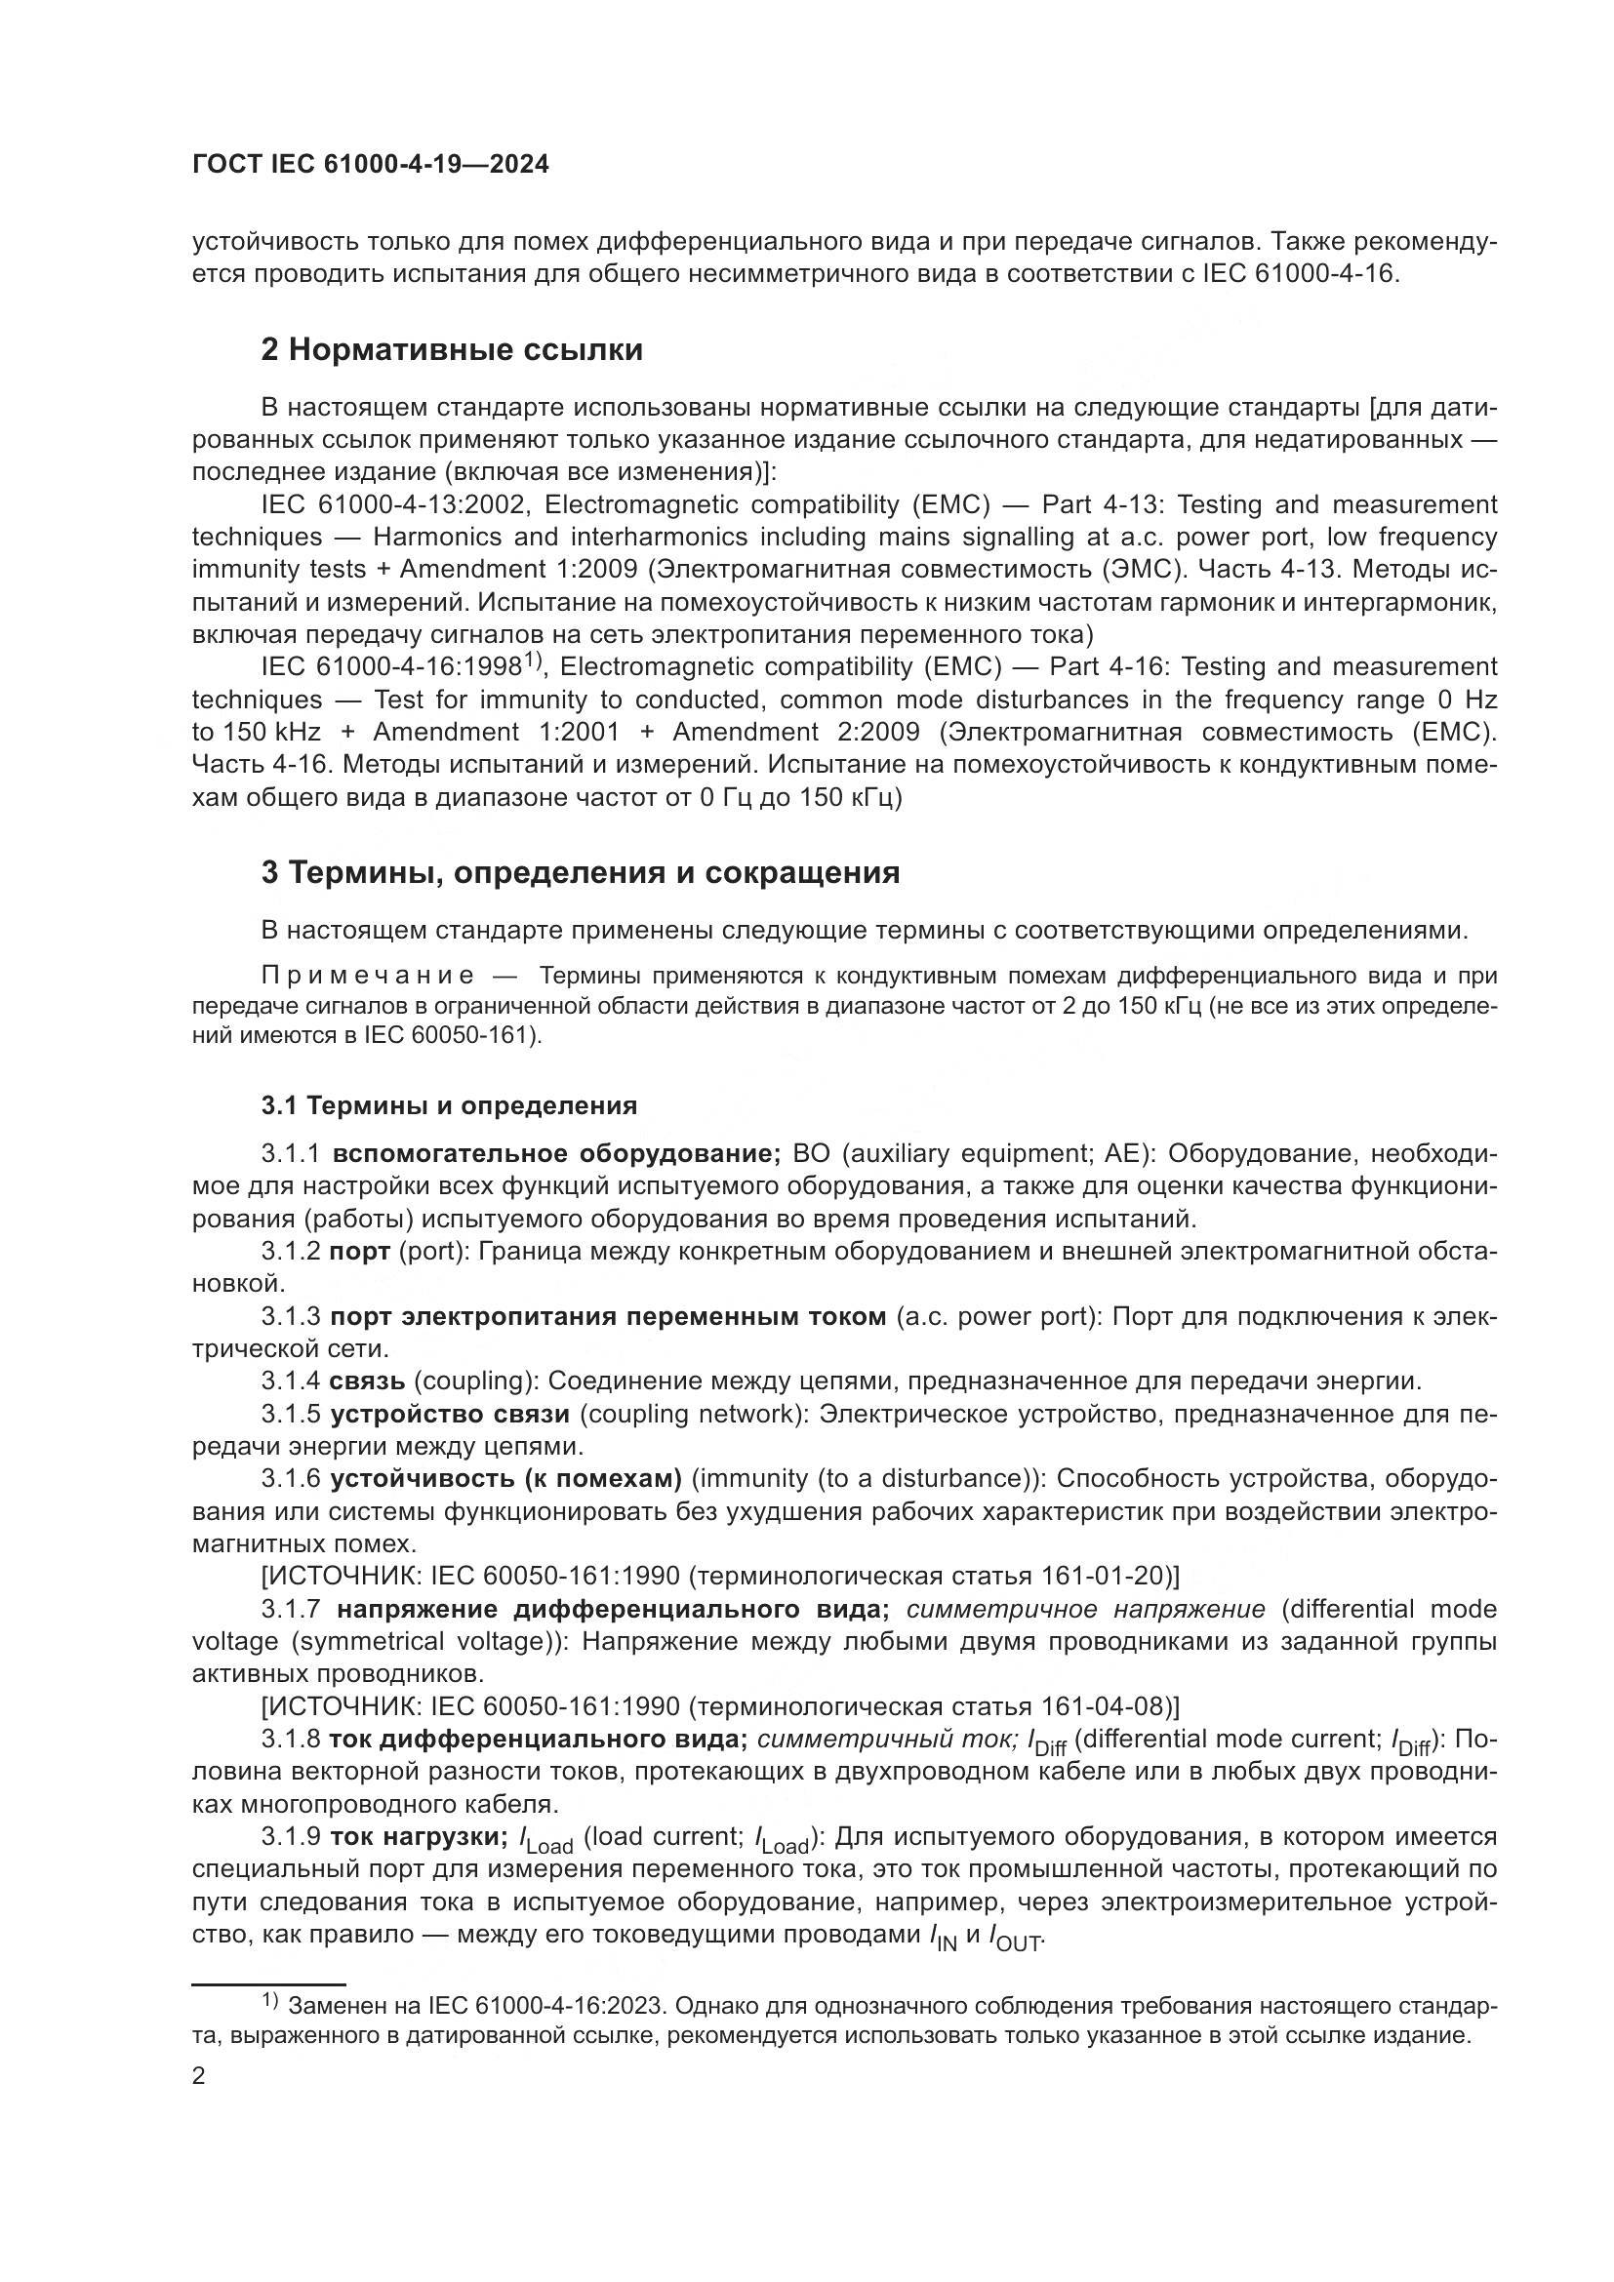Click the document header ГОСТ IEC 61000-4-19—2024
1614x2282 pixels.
point(370,165)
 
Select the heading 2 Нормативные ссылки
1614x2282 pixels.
point(451,350)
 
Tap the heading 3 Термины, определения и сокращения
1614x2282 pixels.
point(581,872)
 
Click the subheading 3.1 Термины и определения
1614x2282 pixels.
point(449,1105)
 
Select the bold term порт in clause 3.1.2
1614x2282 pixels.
point(360,1252)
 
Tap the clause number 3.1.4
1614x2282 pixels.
point(291,1381)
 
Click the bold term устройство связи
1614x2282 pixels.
point(450,1414)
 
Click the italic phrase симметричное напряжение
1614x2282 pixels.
point(1086,1609)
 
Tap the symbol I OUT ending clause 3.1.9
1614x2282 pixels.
point(1015,1936)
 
